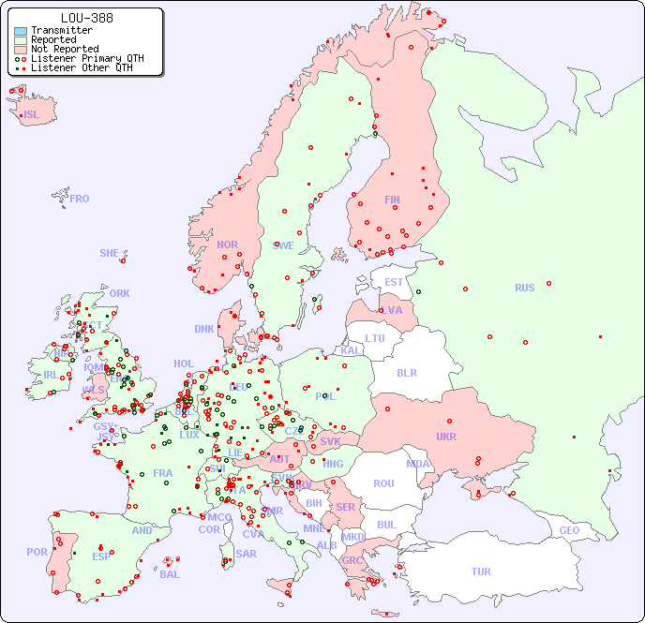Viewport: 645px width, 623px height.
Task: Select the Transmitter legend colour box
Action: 21,31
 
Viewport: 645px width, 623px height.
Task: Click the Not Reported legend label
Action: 65,49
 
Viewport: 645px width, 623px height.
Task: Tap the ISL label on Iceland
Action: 32,115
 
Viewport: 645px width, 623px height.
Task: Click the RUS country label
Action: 524,289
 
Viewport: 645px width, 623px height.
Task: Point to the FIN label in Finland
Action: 392,200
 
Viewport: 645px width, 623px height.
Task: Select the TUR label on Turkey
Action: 481,571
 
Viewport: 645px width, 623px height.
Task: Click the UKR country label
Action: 445,437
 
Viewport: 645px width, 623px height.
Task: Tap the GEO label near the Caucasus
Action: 569,530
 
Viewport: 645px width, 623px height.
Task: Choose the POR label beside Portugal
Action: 37,552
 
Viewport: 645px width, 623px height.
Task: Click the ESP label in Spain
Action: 101,556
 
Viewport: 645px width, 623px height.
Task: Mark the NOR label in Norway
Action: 227,245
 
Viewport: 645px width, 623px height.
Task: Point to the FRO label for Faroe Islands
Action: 80,199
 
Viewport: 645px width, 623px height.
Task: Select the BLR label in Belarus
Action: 406,372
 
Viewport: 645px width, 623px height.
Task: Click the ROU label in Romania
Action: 383,483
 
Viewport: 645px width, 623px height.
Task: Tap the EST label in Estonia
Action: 394,282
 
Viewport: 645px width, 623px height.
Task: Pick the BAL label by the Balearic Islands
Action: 169,574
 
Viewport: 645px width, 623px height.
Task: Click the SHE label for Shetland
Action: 110,253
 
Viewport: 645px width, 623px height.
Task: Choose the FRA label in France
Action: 163,473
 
